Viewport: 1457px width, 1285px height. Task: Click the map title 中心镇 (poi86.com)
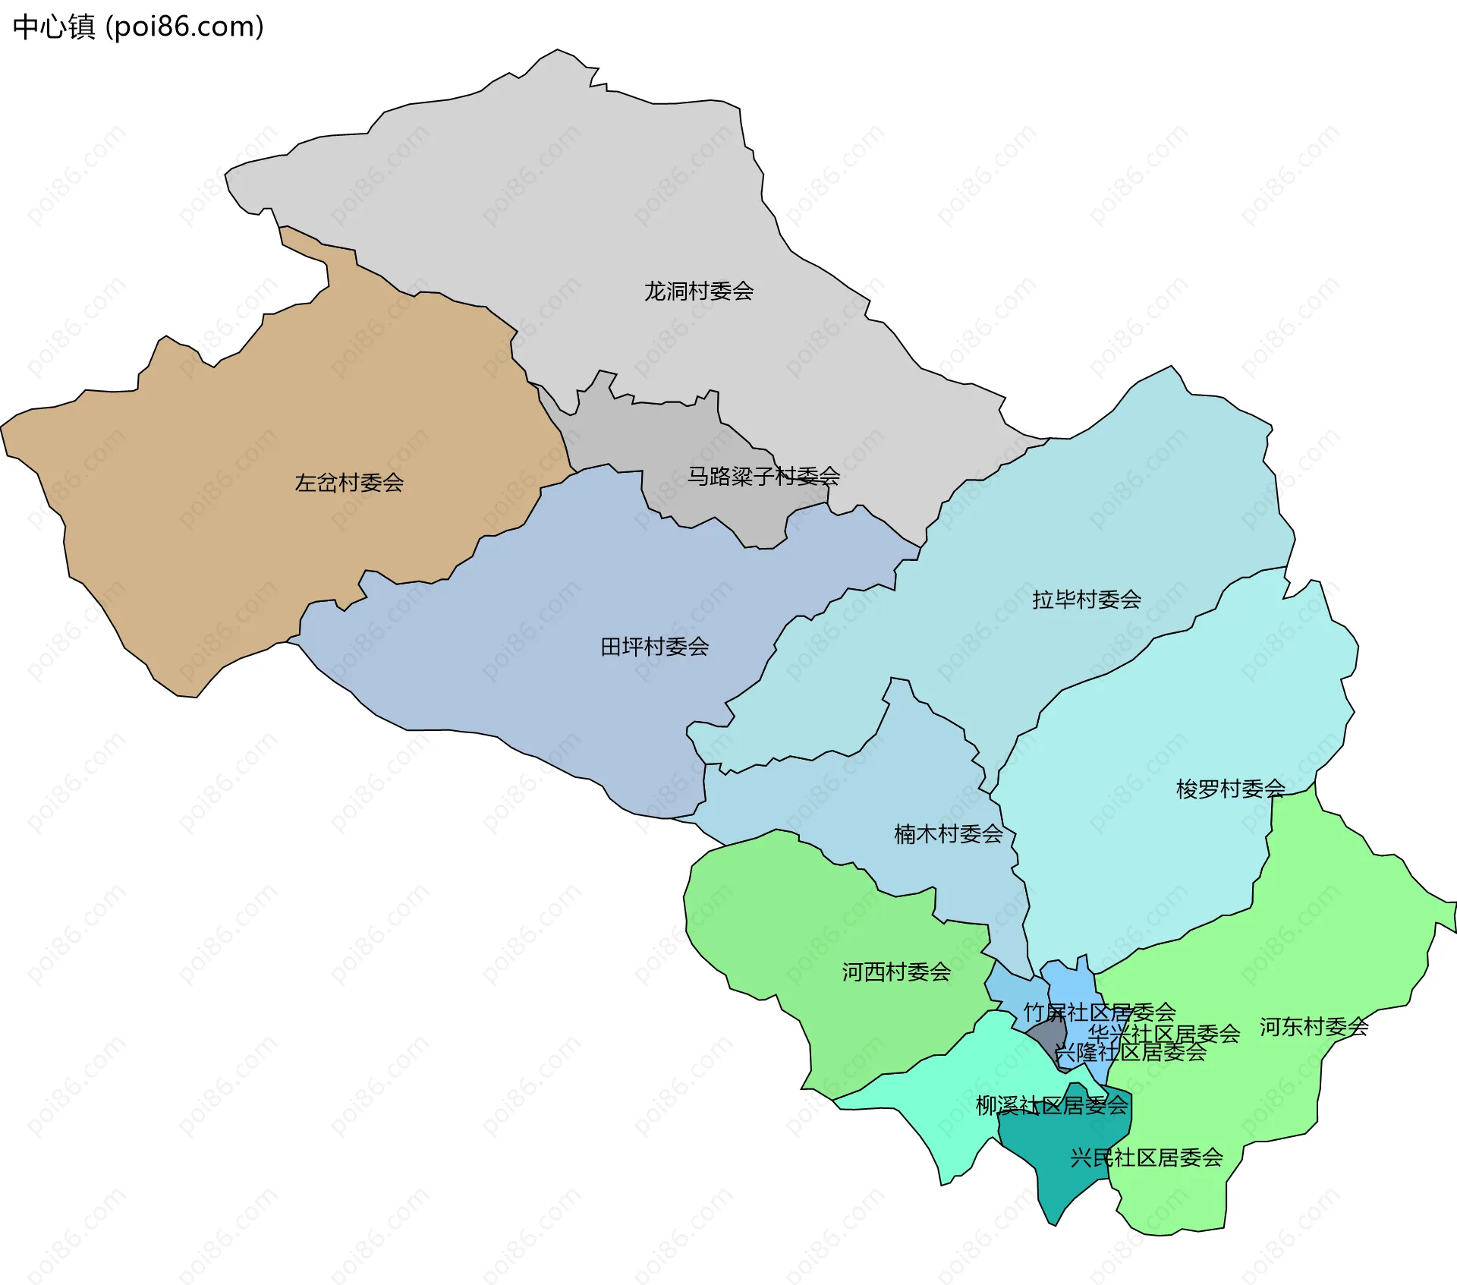[x=138, y=27]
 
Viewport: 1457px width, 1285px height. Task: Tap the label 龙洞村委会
[x=698, y=291]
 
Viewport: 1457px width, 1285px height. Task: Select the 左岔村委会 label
[x=349, y=483]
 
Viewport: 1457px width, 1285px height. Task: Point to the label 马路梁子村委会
[x=763, y=476]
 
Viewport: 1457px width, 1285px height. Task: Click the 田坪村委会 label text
[x=655, y=647]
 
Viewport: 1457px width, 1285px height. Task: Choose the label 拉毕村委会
[x=1087, y=600]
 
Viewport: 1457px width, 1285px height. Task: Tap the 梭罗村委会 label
[x=1230, y=789]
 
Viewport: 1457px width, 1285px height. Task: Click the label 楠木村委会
[x=949, y=834]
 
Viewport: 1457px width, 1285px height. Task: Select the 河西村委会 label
[x=896, y=972]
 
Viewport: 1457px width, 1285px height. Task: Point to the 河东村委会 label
[x=1314, y=1027]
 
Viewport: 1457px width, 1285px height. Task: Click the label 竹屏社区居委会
[x=1100, y=1012]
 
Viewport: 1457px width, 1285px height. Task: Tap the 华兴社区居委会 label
[x=1164, y=1033]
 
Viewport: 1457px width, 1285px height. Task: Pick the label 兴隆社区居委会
[x=1130, y=1052]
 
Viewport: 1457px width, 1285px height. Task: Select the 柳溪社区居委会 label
[x=1052, y=1105]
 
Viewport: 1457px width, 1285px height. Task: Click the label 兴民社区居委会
[x=1146, y=1157]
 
